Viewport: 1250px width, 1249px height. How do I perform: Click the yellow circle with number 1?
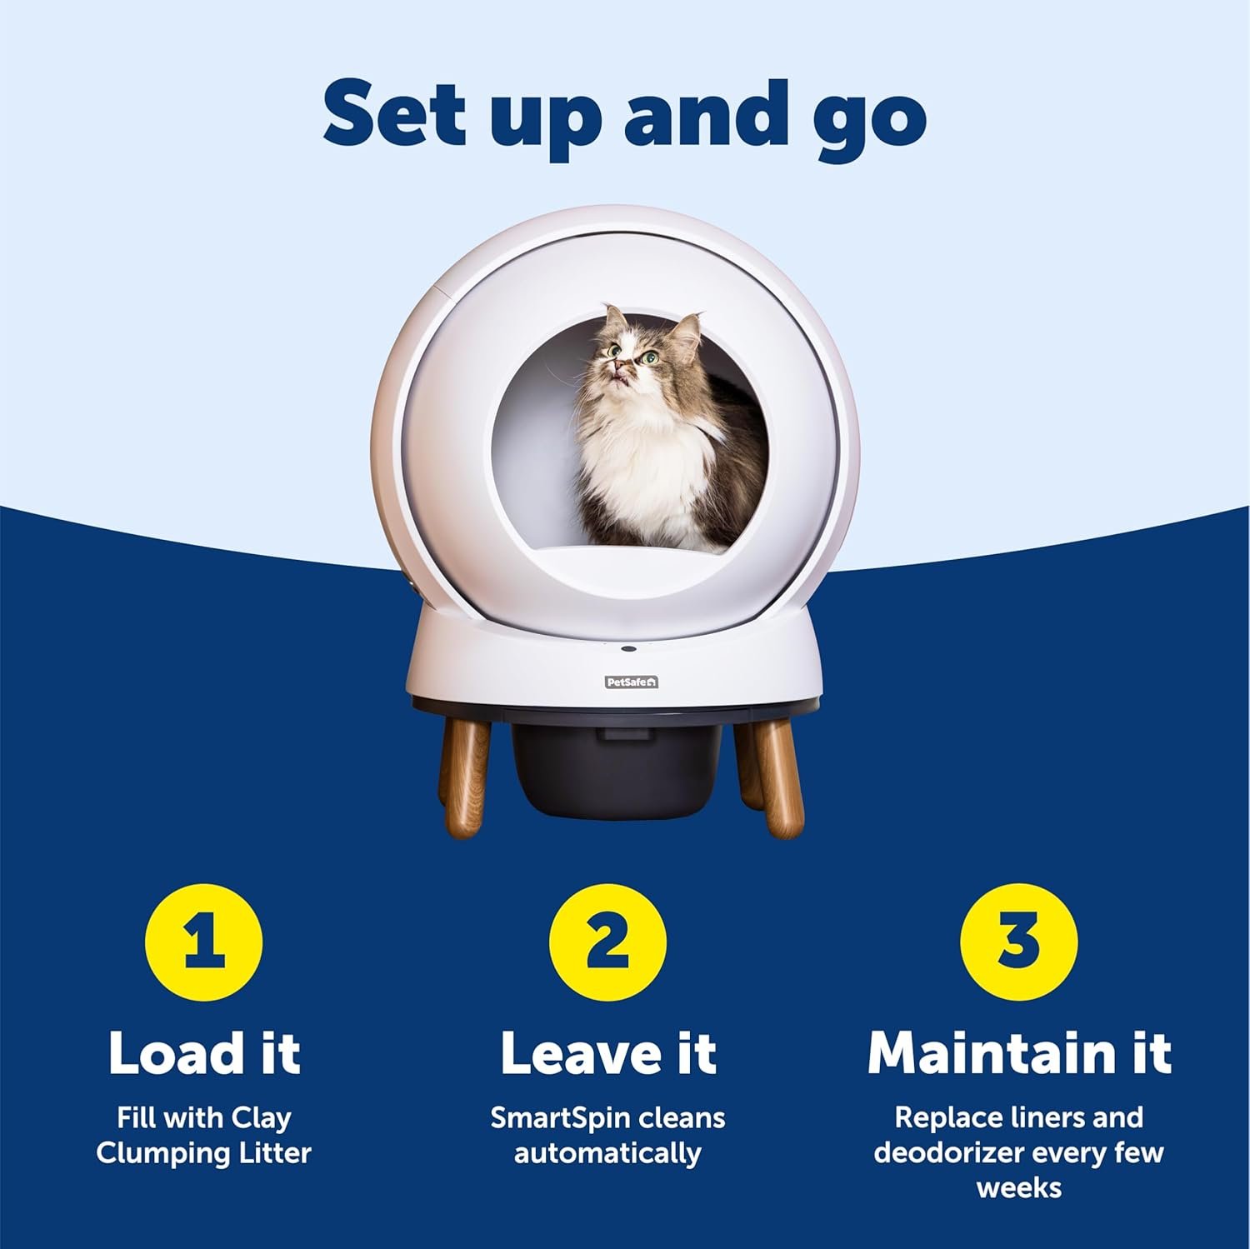204,942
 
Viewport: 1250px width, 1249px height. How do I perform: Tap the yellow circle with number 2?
608,942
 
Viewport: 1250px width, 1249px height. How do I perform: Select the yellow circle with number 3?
1018,942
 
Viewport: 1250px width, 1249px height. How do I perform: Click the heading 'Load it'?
204,1053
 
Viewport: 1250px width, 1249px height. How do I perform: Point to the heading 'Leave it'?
608,1053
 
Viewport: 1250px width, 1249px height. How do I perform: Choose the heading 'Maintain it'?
1019,1053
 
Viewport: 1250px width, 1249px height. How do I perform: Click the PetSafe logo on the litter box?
631,682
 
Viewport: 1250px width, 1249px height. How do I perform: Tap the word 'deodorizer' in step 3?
947,1154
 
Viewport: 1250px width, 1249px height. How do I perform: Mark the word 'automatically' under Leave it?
607,1154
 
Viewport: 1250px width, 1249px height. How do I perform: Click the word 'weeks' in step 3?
1019,1187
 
